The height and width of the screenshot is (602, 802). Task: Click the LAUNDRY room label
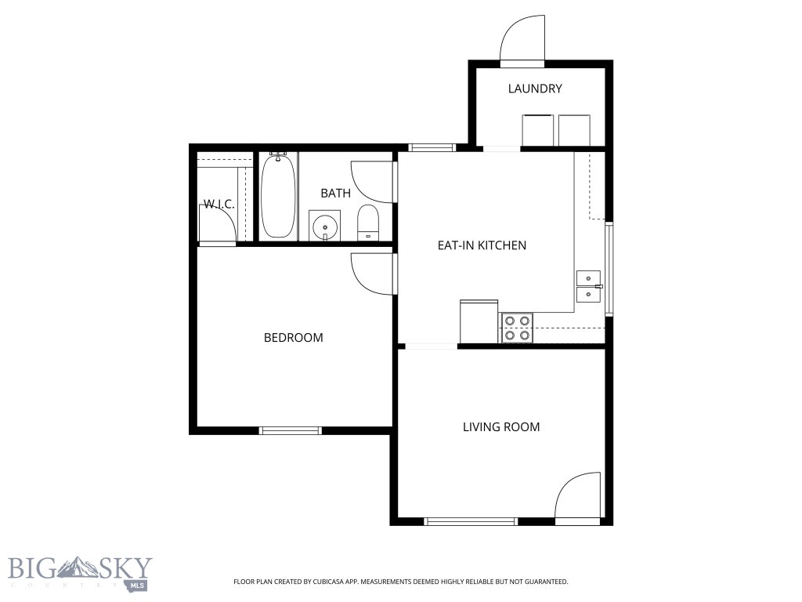click(535, 89)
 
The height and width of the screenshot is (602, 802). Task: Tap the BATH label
click(335, 193)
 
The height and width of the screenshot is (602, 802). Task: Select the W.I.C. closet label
click(219, 205)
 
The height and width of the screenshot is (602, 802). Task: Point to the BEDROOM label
click(293, 337)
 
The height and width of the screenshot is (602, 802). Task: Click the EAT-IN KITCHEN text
click(482, 245)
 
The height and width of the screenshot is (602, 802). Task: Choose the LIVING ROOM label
click(501, 427)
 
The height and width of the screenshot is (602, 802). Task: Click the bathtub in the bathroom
click(278, 195)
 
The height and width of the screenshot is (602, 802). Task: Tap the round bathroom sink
click(325, 225)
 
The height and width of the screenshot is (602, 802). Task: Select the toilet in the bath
click(368, 223)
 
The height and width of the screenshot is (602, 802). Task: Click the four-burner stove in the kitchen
click(517, 328)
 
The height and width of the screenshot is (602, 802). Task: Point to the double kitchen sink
click(589, 287)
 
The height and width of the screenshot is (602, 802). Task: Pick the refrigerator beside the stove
click(479, 321)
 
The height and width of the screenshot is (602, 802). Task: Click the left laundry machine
click(537, 131)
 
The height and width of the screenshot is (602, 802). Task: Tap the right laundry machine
click(574, 131)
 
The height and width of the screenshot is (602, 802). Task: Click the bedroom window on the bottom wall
click(291, 430)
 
